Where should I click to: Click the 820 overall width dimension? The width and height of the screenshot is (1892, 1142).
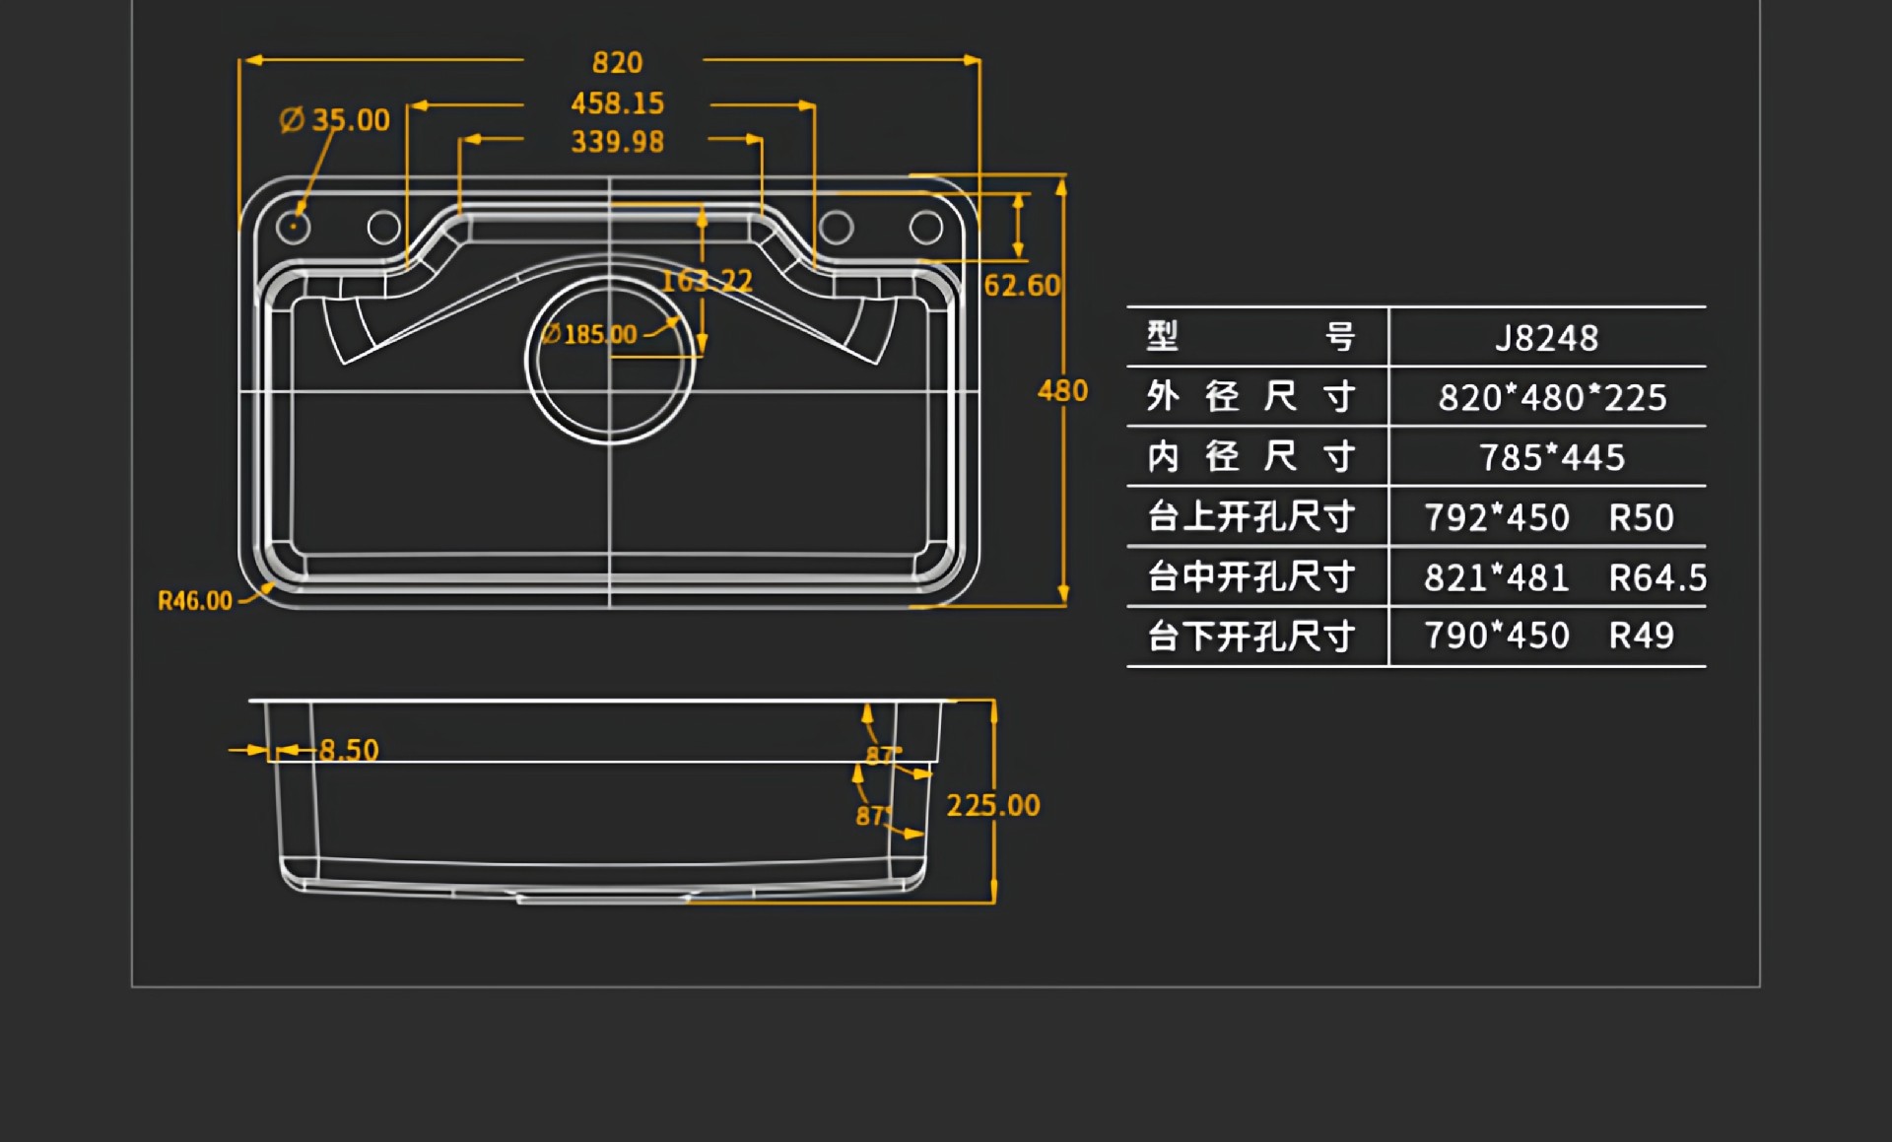point(618,63)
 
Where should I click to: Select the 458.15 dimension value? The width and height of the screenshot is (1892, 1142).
point(618,103)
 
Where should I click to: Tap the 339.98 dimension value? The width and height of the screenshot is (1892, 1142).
point(618,142)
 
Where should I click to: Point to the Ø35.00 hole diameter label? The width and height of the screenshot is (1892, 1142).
point(335,120)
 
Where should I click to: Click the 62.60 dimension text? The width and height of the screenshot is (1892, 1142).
point(1022,286)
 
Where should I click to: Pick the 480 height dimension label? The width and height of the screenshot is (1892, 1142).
point(1062,391)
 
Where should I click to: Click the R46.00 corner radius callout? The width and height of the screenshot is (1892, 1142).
point(195,601)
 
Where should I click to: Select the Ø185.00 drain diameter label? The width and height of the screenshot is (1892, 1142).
point(589,335)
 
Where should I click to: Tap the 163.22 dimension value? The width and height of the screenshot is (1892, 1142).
point(707,282)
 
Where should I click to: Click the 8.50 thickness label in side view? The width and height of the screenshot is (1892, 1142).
point(349,751)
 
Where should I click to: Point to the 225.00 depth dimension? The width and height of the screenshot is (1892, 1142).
point(993,806)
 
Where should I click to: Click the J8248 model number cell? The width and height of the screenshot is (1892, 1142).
point(1547,339)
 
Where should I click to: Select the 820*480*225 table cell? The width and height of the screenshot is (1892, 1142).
point(1553,398)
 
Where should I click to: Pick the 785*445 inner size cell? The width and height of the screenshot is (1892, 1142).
point(1552,458)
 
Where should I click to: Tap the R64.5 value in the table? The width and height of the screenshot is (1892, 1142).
point(1657,578)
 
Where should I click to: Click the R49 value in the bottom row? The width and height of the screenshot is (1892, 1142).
point(1641,637)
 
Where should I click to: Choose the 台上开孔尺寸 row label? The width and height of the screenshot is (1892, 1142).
point(1251,517)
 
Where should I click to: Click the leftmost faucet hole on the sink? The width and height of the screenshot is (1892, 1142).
point(293,228)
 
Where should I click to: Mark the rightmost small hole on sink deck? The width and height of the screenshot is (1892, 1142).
point(926,228)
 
